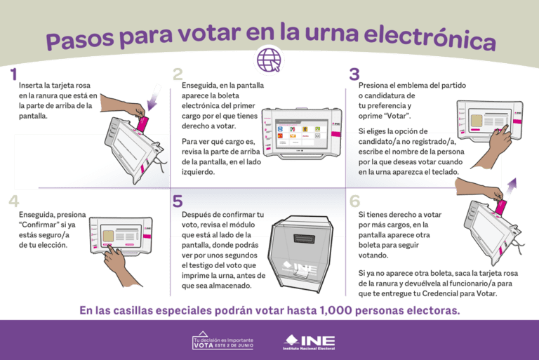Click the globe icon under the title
tap(269, 60)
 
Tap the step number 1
tap(13, 74)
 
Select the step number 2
tap(178, 74)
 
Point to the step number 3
tap(354, 74)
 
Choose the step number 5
tap(178, 201)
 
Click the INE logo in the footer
tap(310, 342)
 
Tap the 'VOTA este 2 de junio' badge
tap(223, 342)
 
